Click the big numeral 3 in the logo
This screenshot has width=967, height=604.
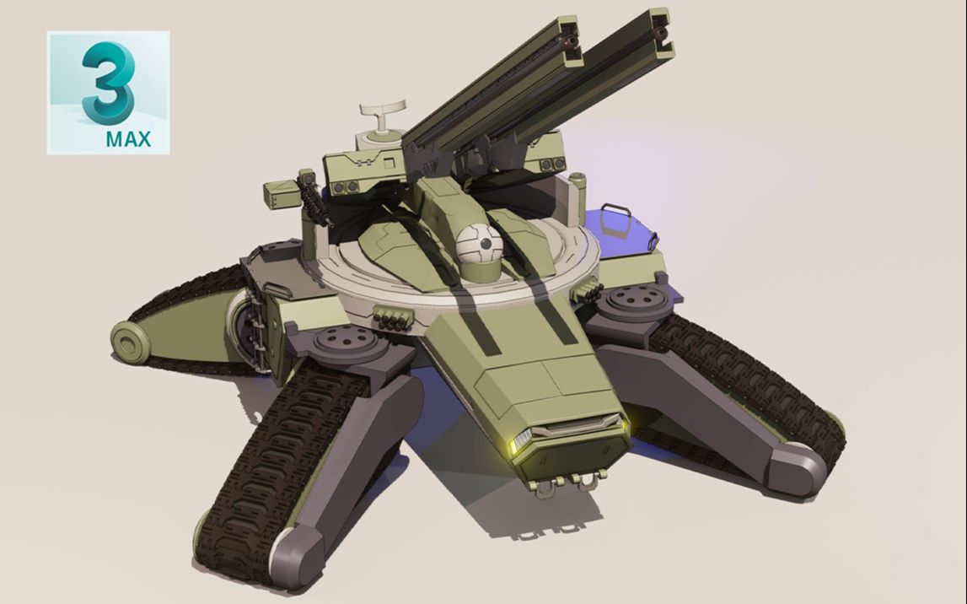tap(106, 83)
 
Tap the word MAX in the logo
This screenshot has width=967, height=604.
tap(128, 139)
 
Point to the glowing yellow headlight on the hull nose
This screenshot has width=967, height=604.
tap(520, 440)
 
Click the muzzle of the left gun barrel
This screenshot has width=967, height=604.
tap(568, 40)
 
